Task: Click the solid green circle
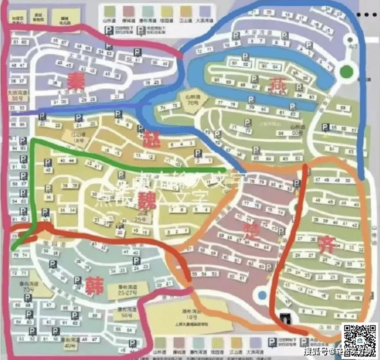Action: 347,72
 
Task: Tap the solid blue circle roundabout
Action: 260,296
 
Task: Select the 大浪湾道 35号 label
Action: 16,95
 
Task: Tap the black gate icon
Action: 286,317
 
